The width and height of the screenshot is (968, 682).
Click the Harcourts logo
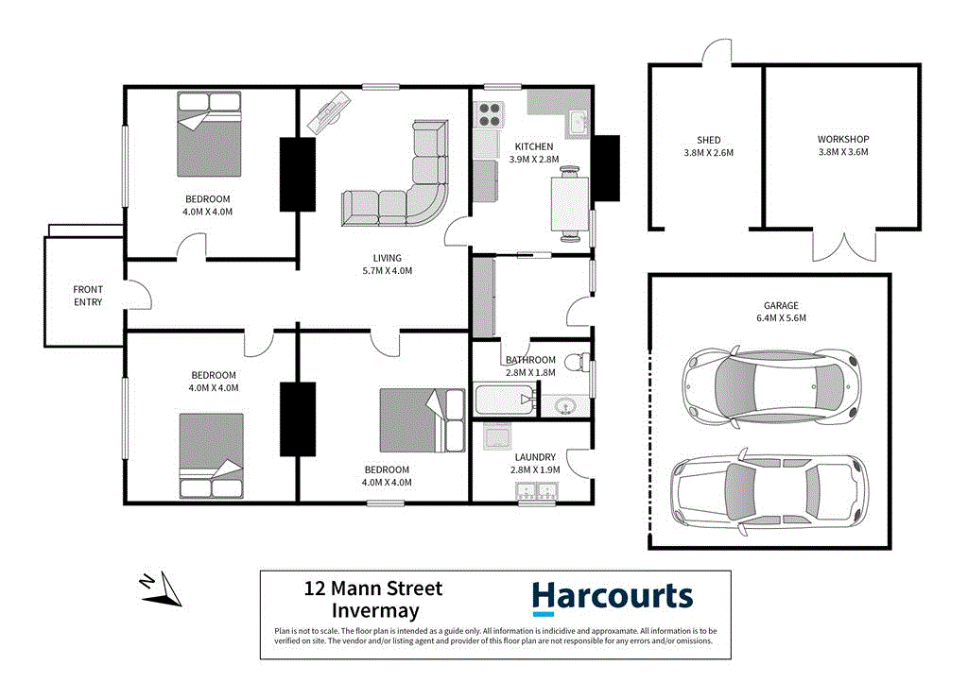coord(612,597)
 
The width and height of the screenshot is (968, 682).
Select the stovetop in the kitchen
coord(490,114)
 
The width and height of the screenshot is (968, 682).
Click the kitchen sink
coord(578,121)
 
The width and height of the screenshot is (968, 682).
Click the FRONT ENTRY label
coord(88,296)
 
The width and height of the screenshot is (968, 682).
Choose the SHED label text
coord(708,140)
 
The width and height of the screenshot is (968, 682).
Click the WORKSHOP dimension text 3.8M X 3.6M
coord(842,152)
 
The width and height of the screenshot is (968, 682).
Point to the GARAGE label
coord(781,305)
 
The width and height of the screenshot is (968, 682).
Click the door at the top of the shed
coord(716,49)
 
